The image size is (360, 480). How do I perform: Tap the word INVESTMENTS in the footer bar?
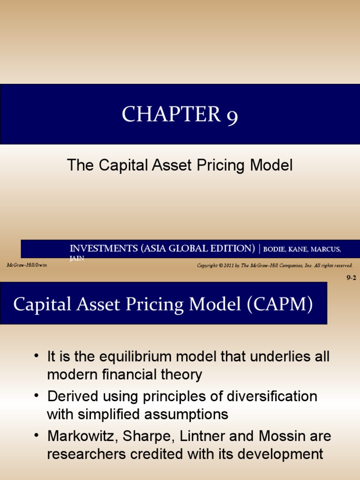104,248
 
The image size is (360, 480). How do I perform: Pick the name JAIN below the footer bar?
77,258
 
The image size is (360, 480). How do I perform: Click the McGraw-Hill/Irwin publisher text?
27,265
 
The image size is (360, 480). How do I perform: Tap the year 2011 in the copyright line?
227,266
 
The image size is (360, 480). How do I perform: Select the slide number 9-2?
351,277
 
